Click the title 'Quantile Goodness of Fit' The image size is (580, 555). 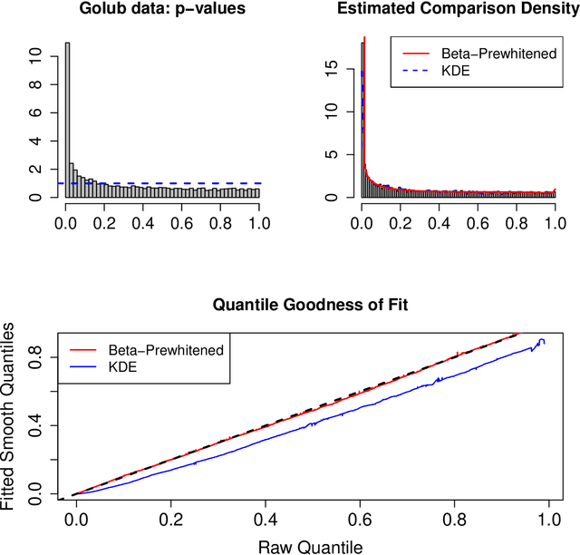coord(310,305)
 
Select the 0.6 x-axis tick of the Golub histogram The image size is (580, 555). coord(182,221)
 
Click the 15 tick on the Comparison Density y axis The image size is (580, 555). coord(331,66)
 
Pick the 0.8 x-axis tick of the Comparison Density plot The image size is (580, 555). coord(517,221)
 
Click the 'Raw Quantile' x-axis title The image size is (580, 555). coord(310,547)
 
